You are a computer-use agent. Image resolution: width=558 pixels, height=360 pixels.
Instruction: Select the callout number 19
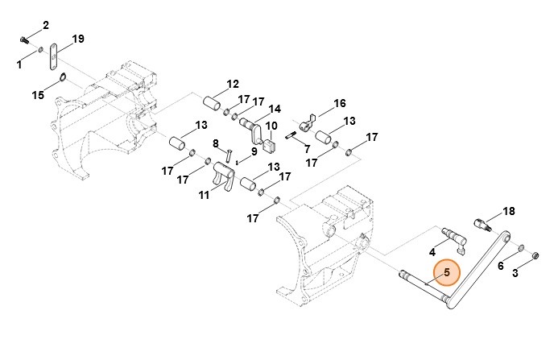(x=78, y=39)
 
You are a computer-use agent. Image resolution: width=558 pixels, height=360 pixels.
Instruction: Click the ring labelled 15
(x=61, y=78)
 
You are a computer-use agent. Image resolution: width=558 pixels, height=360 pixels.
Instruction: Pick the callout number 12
(x=233, y=84)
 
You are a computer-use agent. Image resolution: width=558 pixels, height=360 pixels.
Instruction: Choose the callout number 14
(x=275, y=109)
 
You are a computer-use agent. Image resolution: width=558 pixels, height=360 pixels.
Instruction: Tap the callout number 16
(x=339, y=103)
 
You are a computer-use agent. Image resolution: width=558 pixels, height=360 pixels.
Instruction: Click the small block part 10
(x=271, y=146)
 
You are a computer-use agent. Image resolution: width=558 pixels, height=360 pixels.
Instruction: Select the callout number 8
(x=216, y=143)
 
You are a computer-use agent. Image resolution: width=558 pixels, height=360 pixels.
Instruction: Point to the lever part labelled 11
(x=225, y=176)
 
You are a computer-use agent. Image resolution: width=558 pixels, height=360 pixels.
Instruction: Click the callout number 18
(x=508, y=211)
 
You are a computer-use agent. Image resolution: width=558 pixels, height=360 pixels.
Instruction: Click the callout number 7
(x=308, y=149)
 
